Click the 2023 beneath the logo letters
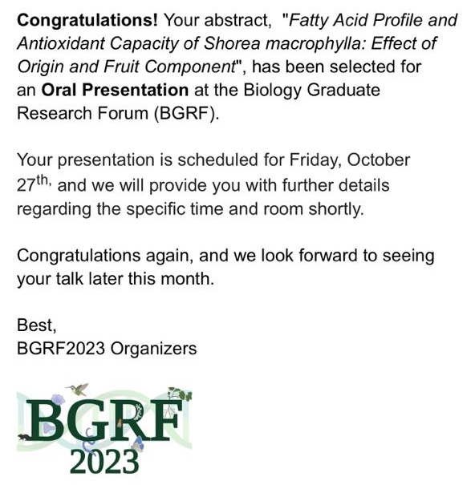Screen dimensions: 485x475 coord(104,463)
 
